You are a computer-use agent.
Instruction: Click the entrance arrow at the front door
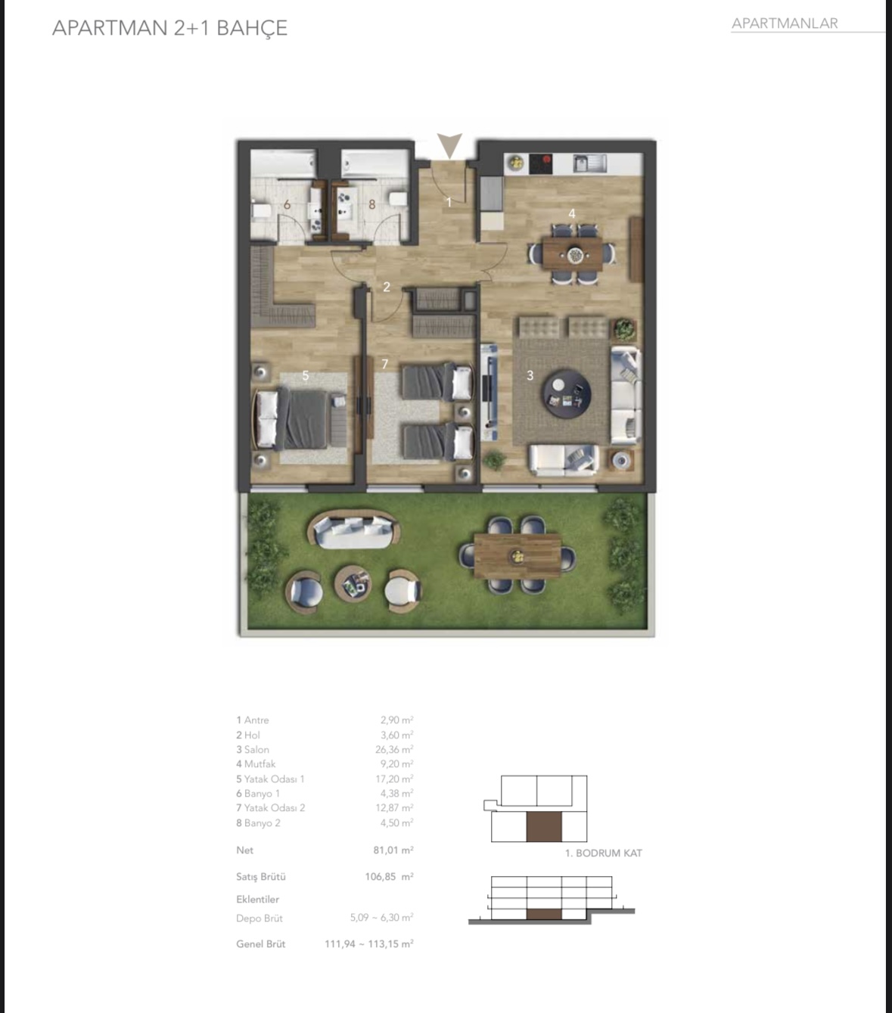click(449, 145)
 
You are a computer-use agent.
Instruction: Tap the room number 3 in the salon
click(530, 375)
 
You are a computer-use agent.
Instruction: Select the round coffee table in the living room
click(566, 394)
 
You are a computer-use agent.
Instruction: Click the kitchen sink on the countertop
click(590, 163)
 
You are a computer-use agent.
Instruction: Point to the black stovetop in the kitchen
click(540, 163)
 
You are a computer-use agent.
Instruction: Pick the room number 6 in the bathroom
click(287, 204)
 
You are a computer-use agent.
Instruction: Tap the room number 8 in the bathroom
click(372, 204)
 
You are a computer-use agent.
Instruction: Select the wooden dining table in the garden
click(517, 555)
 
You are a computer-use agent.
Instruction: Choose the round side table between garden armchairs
click(353, 583)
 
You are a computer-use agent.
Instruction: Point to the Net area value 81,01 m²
click(393, 850)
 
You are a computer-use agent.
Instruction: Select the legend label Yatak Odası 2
click(274, 808)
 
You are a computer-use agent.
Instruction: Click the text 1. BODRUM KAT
click(604, 853)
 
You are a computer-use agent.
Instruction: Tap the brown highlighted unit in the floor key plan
click(544, 826)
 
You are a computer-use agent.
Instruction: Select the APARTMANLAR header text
click(785, 23)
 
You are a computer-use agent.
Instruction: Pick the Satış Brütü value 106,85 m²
click(389, 877)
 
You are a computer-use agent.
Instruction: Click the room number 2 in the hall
click(387, 287)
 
